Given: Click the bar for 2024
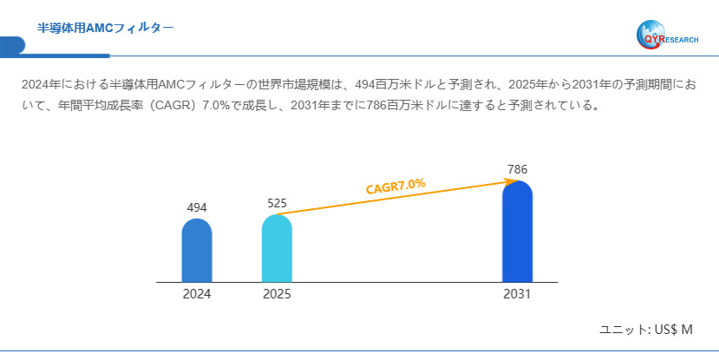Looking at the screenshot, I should pyautogui.click(x=197, y=251).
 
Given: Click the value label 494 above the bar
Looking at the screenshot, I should pyautogui.click(x=197, y=207).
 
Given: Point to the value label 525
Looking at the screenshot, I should pyautogui.click(x=277, y=203).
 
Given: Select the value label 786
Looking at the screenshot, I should pyautogui.click(x=517, y=169).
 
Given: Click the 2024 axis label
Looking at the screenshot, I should pyautogui.click(x=197, y=294).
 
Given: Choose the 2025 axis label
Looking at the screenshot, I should pyautogui.click(x=277, y=294).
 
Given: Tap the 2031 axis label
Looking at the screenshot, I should pyautogui.click(x=517, y=294).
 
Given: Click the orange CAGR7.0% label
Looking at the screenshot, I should pyautogui.click(x=395, y=187).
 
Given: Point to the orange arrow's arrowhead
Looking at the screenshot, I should pyautogui.click(x=512, y=181).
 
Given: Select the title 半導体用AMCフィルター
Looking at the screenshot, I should pyautogui.click(x=105, y=28).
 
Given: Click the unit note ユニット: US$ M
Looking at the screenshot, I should pyautogui.click(x=646, y=330).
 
